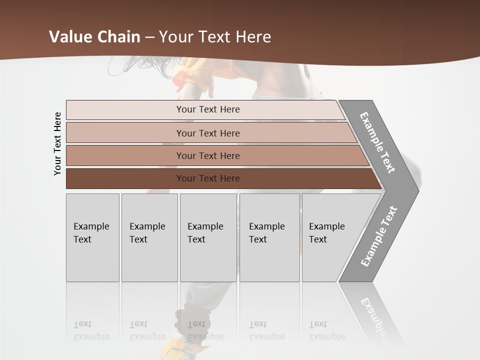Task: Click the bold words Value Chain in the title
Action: [94, 37]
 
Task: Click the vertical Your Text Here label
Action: [57, 143]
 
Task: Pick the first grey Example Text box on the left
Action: [92, 237]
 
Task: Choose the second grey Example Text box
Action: [149, 237]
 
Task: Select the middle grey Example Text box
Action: [208, 237]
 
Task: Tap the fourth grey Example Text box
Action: [269, 237]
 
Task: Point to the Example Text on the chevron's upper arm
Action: [377, 142]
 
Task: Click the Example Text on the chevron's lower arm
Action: [378, 236]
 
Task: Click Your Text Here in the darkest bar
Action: [208, 178]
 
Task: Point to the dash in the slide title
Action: [149, 37]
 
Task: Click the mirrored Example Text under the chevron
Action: [375, 315]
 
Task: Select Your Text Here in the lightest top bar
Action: [208, 109]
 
